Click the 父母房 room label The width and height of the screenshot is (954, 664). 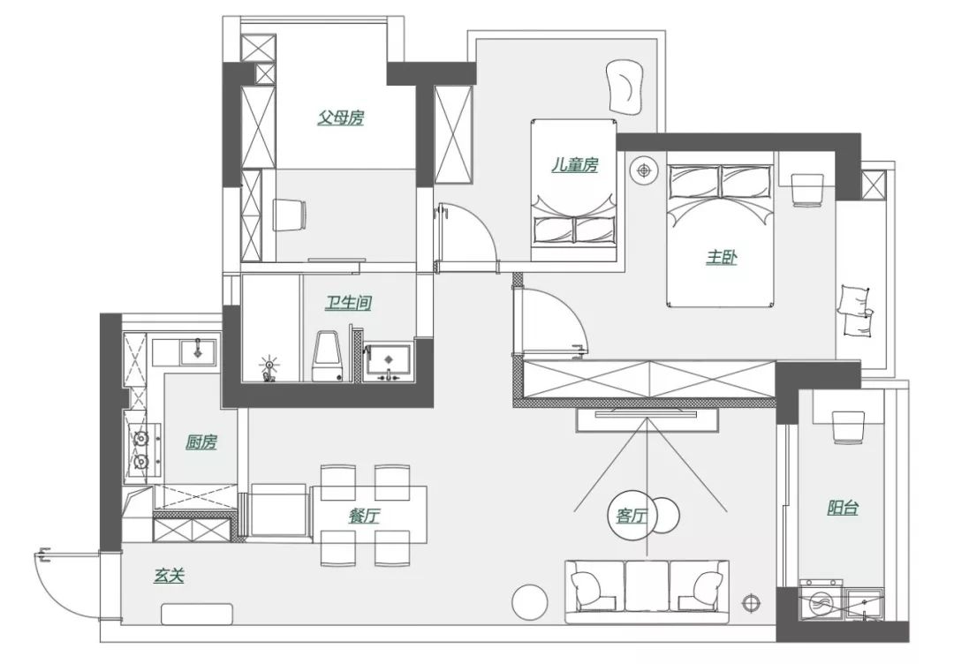(340, 117)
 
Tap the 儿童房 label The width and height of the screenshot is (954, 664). (575, 164)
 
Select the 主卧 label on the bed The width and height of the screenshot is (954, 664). (721, 257)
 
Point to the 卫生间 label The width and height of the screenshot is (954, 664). (348, 302)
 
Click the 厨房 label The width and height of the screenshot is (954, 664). (201, 442)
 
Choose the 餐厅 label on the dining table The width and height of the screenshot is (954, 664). (365, 517)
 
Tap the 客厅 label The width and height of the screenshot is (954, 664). (632, 516)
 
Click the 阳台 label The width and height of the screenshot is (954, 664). (843, 508)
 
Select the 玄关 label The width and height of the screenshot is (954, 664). (169, 575)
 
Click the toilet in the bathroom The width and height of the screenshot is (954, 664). (328, 357)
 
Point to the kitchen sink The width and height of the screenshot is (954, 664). (197, 351)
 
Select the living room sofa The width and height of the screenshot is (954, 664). (647, 592)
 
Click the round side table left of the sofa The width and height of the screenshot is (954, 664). (531, 602)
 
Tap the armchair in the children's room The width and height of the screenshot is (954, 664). (625, 87)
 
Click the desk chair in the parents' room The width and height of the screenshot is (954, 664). (289, 215)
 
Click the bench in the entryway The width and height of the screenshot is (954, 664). (197, 614)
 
